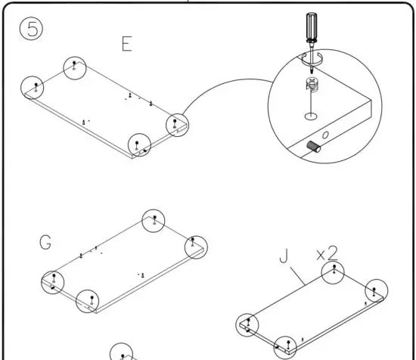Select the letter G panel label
[47, 244]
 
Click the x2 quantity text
[326, 253]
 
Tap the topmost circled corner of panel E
[74, 67]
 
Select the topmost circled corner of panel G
[154, 221]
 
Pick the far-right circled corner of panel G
[195, 246]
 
